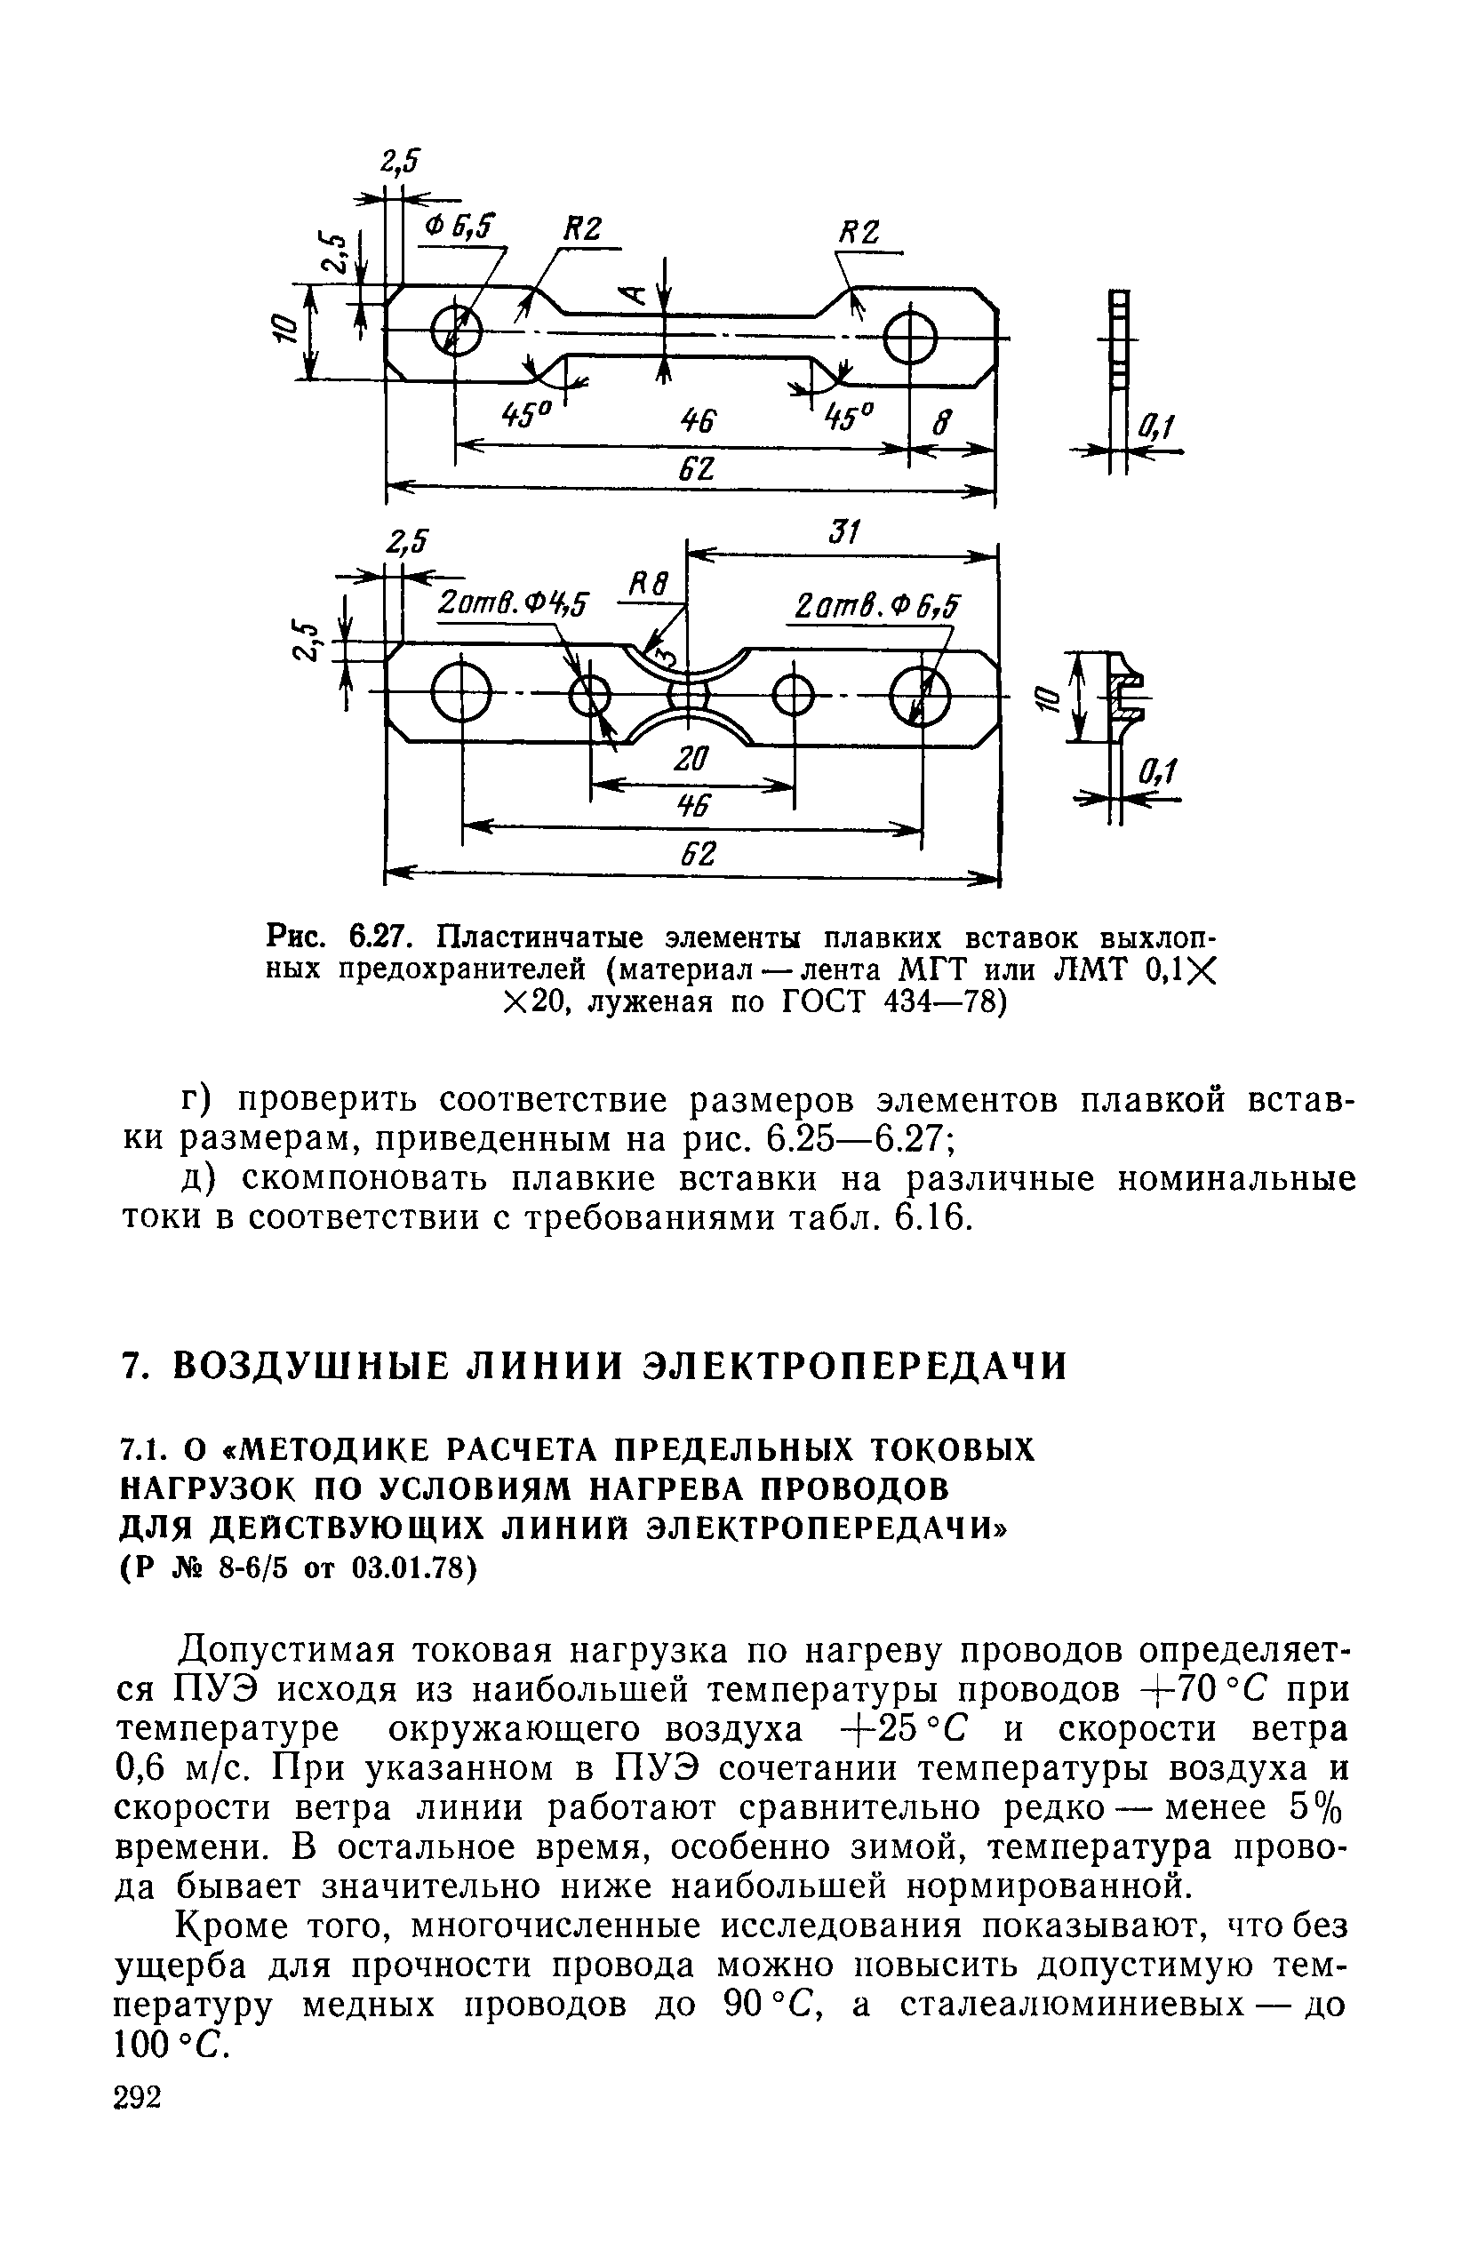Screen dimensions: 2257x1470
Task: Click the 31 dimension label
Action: tap(842, 534)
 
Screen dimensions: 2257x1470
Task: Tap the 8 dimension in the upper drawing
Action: tap(938, 424)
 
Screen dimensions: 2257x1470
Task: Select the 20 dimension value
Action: tap(691, 760)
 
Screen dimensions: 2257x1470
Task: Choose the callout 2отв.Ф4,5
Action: tap(512, 603)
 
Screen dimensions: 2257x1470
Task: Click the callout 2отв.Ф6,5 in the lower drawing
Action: tap(876, 604)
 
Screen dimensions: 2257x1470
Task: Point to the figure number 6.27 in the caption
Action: tap(379, 937)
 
